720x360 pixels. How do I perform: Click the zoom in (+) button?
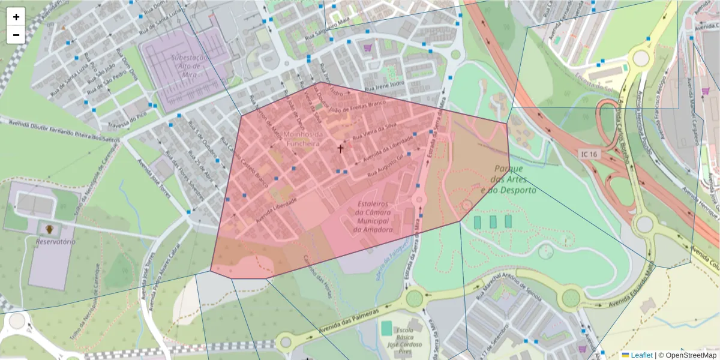coord(16,17)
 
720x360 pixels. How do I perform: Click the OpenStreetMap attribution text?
coord(688,355)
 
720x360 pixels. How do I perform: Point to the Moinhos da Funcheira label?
coord(301,139)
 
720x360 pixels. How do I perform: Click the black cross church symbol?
coord(340,148)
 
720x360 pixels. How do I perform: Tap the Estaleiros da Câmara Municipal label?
coord(373,217)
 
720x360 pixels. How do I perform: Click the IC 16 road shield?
coord(588,154)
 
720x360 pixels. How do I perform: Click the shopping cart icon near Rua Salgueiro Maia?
coord(367,47)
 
